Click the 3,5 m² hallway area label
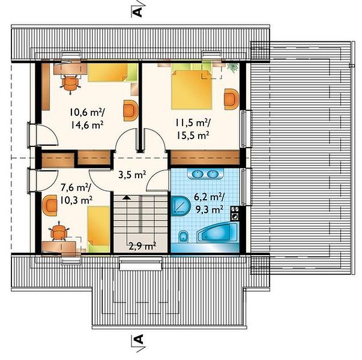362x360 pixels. pos(132,175)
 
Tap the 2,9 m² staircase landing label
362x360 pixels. pos(142,247)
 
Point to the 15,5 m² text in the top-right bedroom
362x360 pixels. pos(193,135)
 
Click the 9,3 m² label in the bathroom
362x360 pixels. pos(209,209)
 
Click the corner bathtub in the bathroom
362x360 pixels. pos(217,233)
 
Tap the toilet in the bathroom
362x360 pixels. pos(184,236)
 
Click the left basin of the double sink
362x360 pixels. pos(197,174)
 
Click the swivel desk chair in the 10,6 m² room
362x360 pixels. pos(71,84)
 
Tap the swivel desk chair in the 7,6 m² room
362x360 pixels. pos(59,232)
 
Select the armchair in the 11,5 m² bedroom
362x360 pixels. pos(231,99)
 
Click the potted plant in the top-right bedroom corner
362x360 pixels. pos(232,68)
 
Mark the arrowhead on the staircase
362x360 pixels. pos(127,197)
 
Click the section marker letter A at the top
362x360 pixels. pos(137,11)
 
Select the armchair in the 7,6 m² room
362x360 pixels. pos(50,205)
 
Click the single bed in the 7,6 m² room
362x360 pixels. pos(98,229)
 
